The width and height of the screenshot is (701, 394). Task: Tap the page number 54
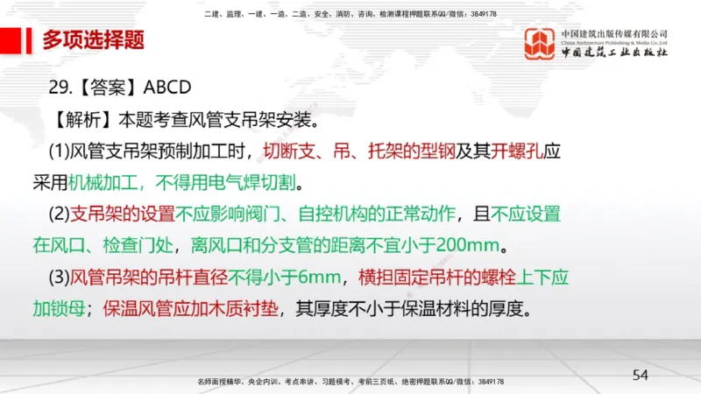641,375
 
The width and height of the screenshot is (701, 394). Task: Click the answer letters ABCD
173,88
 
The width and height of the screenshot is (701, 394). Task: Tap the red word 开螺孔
513,150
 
